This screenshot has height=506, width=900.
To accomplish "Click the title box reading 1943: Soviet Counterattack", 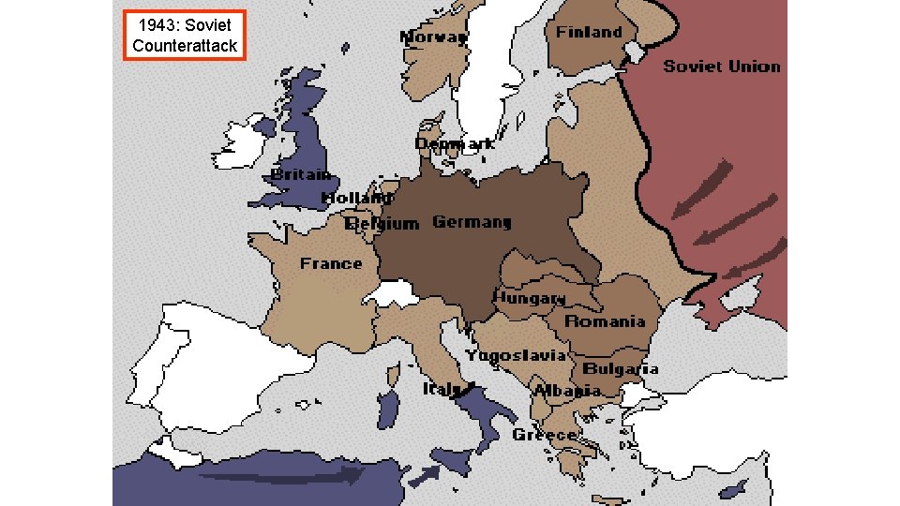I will tap(185, 36).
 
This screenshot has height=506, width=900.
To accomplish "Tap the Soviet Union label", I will tap(721, 66).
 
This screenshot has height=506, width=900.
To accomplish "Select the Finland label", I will tap(589, 32).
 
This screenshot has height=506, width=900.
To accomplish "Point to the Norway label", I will tap(433, 37).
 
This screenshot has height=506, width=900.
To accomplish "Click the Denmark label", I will tap(455, 144).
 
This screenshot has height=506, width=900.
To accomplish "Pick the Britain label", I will tap(300, 174).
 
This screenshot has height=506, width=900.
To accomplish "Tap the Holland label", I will tap(355, 198).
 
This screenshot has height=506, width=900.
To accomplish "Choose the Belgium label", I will tap(382, 224).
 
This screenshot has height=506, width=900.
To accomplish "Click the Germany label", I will tap(472, 222).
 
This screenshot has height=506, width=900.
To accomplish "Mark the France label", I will tap(330, 263).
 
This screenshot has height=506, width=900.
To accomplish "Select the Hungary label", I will tap(530, 297).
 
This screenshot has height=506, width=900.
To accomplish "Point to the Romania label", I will tap(605, 321).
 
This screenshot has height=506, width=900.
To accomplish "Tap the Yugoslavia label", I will tap(517, 355).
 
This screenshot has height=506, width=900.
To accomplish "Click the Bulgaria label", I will tap(621, 368).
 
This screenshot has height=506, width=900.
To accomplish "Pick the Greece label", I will tap(545, 435).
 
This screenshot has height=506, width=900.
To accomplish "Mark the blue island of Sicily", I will tap(453, 460).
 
